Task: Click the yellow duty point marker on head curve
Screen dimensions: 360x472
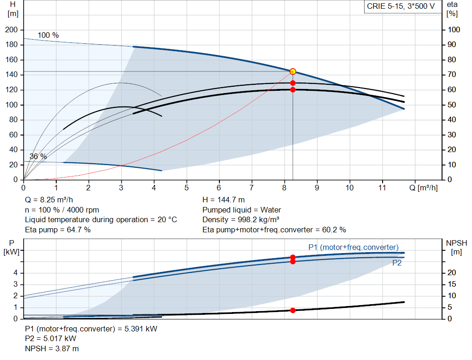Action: [293, 71]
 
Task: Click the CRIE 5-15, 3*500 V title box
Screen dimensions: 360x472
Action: [401, 6]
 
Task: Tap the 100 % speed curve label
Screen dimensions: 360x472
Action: [48, 35]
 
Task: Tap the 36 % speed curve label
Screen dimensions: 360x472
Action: [38, 157]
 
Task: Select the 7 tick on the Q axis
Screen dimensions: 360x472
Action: [252, 188]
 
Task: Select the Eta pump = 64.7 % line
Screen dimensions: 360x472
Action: [58, 230]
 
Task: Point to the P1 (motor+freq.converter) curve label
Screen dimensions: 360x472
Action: [353, 247]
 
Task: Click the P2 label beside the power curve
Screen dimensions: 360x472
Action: [397, 263]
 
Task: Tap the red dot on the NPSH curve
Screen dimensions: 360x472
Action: [293, 310]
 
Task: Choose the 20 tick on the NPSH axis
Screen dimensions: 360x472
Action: [454, 273]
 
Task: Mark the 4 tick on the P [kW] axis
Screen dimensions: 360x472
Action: [15, 273]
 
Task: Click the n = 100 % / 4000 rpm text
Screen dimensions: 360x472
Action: [62, 210]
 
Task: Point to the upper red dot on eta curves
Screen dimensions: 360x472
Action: [293, 83]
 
